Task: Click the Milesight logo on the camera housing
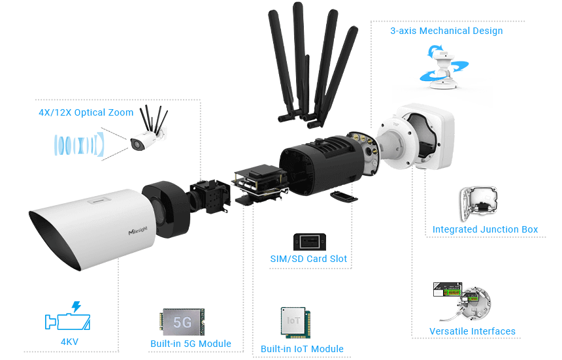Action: pyautogui.click(x=138, y=231)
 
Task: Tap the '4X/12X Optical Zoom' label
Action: pyautogui.click(x=86, y=112)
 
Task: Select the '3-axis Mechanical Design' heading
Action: pyautogui.click(x=446, y=31)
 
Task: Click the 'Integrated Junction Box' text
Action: pyautogui.click(x=485, y=229)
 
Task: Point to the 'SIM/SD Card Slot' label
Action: pyautogui.click(x=308, y=259)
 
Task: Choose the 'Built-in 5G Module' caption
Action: pyautogui.click(x=191, y=344)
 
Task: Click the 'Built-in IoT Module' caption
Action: pyautogui.click(x=302, y=348)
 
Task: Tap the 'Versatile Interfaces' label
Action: pyautogui.click(x=472, y=331)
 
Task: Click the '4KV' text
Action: pyautogui.click(x=69, y=342)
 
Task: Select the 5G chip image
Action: pyautogui.click(x=182, y=322)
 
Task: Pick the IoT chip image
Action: pyautogui.click(x=295, y=322)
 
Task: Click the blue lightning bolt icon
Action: pyautogui.click(x=76, y=306)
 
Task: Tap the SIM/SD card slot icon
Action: pyautogui.click(x=310, y=242)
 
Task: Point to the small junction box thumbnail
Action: pyautogui.click(x=479, y=203)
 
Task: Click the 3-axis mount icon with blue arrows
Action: pyautogui.click(x=444, y=67)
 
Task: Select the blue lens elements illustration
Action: pyautogui.click(x=79, y=144)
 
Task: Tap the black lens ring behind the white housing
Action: pyautogui.click(x=167, y=209)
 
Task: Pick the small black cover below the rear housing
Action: pyautogui.click(x=343, y=196)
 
